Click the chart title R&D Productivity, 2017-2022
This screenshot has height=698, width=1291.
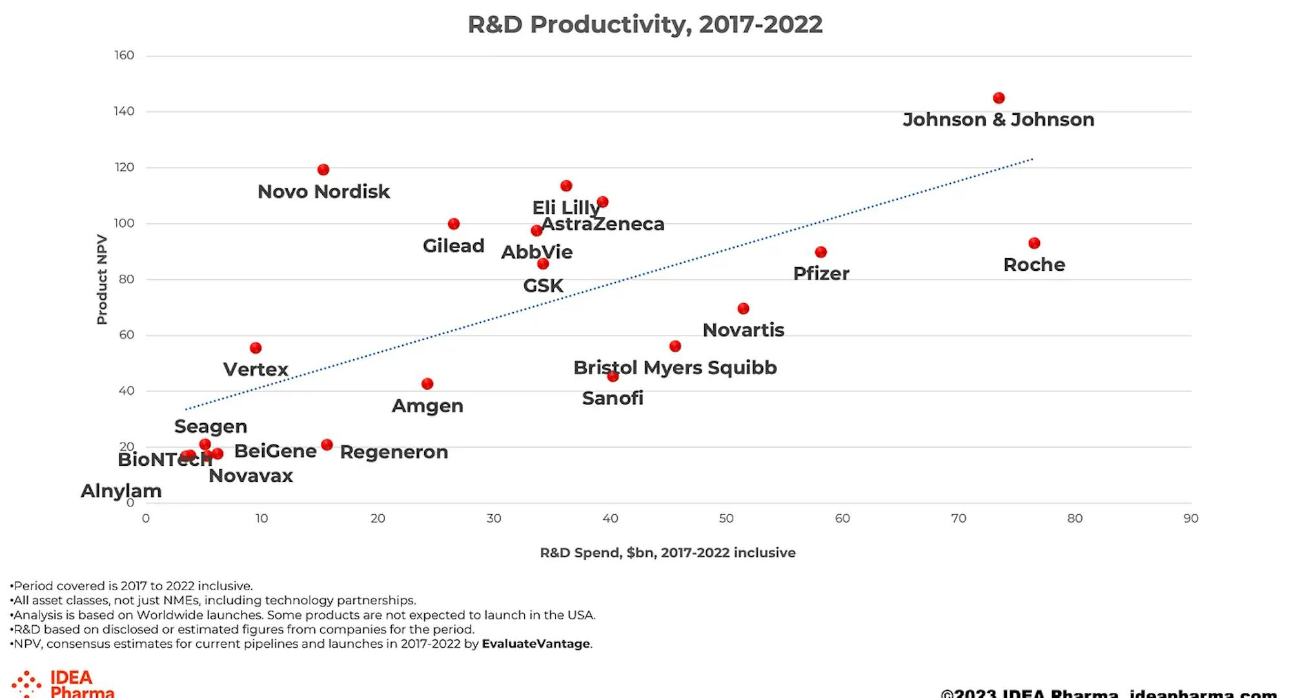[645, 25]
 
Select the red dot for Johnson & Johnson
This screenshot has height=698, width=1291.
[999, 98]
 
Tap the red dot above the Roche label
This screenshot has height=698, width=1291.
[1034, 243]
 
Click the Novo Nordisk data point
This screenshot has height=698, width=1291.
[323, 170]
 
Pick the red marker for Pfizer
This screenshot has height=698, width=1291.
[820, 252]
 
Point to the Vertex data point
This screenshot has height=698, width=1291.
[256, 348]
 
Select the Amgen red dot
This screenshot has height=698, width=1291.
[427, 384]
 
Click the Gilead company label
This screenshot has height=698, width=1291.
[453, 246]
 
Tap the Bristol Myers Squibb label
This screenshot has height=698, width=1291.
[675, 367]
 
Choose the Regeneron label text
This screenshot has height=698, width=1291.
[394, 452]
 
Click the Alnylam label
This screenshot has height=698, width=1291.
[121, 490]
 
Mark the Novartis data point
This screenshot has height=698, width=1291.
[743, 308]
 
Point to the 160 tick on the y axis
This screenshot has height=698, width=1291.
[125, 55]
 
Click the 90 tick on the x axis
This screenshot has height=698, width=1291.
[1191, 519]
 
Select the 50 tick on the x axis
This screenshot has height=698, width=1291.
[726, 519]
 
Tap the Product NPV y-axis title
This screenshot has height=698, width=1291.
[101, 279]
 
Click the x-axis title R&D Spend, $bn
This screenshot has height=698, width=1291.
[667, 553]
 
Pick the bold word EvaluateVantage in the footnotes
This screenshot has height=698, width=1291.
[536, 644]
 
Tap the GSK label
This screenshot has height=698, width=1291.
[543, 285]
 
